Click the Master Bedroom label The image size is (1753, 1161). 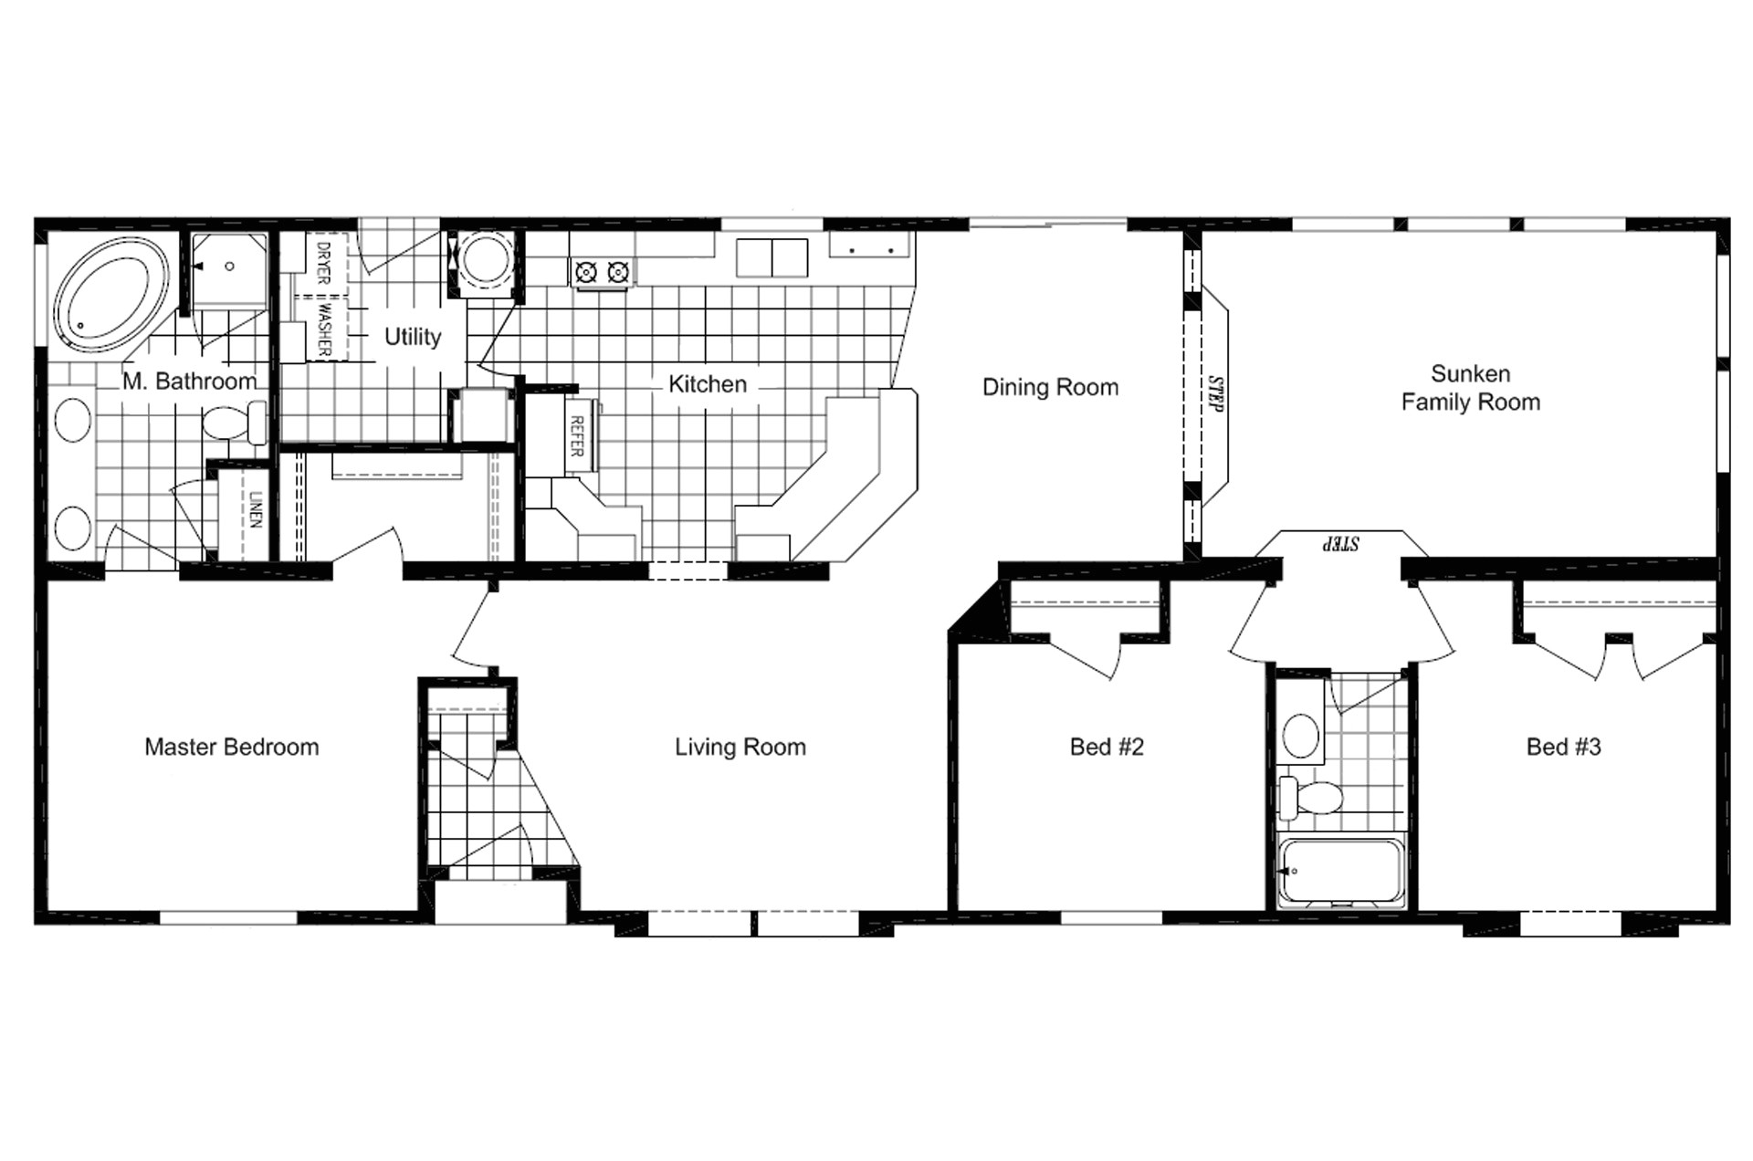click(x=232, y=747)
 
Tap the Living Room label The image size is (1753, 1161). click(x=740, y=748)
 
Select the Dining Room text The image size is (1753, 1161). click(x=1050, y=387)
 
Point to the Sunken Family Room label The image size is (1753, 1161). click(x=1470, y=388)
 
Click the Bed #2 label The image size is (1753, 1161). click(x=1107, y=747)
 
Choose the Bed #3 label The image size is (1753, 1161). click(x=1563, y=747)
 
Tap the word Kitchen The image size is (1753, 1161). click(x=708, y=384)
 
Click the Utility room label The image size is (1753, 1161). click(x=413, y=337)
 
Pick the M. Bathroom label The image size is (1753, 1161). click(x=190, y=381)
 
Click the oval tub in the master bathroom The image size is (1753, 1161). click(x=111, y=295)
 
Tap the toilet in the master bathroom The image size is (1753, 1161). click(x=233, y=423)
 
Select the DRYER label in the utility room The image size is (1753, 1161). click(x=322, y=262)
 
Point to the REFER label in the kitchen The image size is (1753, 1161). click(x=577, y=436)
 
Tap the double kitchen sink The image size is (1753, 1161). click(x=772, y=257)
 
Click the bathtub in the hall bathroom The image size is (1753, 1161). click(x=1339, y=873)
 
